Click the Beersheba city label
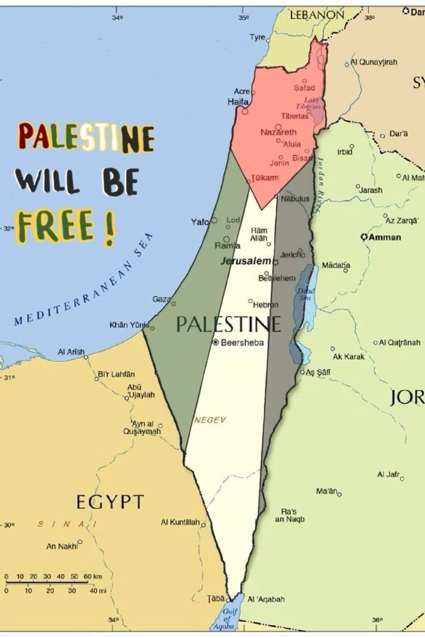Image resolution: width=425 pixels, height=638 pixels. tap(243, 342)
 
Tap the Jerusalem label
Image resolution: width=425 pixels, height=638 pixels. tap(245, 261)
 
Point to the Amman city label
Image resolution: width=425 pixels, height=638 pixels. tap(385, 237)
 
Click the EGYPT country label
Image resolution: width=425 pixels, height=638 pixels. tap(109, 502)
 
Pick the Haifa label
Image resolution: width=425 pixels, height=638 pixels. tap(238, 102)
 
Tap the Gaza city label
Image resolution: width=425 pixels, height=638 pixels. tap(161, 299)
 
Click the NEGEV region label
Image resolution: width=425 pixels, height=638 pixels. tap(210, 420)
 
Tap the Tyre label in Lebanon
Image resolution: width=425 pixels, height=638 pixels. tap(257, 38)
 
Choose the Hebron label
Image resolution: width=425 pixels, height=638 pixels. tap(266, 305)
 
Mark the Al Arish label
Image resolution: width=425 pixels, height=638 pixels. tap(71, 351)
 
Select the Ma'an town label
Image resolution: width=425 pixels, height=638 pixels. tap(328, 491)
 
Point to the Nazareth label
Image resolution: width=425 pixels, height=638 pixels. tap(278, 132)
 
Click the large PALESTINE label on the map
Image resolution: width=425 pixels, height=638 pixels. tap(229, 324)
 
